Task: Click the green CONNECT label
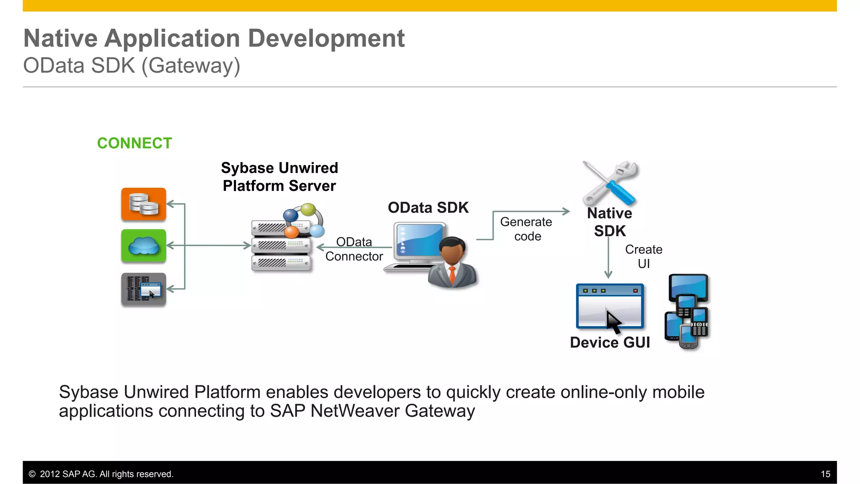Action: [x=134, y=143]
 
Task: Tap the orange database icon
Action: [x=144, y=204]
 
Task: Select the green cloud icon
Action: [x=144, y=246]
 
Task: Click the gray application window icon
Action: [x=144, y=289]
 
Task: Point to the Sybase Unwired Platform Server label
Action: [x=279, y=177]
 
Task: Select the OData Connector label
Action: [x=354, y=249]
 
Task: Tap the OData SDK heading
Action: [x=428, y=208]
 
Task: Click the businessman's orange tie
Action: [x=452, y=275]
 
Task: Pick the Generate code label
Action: [x=527, y=229]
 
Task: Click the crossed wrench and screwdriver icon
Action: [x=610, y=183]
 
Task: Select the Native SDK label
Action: [x=610, y=222]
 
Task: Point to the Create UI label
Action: [x=643, y=256]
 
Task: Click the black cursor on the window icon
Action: [x=613, y=321]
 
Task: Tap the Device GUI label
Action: [x=610, y=342]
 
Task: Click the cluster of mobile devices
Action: [x=687, y=312]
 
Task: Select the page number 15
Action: [x=825, y=474]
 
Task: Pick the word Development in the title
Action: [x=326, y=39]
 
